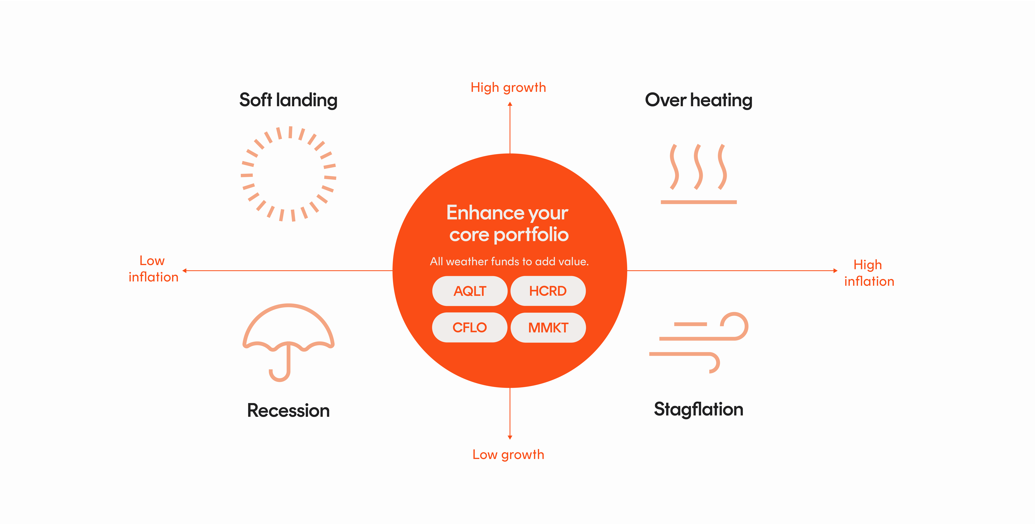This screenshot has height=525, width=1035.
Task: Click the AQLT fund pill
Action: pos(470,291)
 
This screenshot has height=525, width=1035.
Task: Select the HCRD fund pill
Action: pos(548,291)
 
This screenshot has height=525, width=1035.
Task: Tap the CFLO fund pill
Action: pos(470,327)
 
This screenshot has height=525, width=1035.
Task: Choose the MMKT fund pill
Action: pos(548,327)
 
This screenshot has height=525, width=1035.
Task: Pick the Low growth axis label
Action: pos(508,455)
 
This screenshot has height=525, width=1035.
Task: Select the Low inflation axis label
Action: pos(153,269)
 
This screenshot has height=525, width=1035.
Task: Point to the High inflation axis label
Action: pos(869,273)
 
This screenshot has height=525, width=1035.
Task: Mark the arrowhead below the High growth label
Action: pos(510,104)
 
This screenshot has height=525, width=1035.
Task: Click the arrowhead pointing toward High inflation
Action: pos(835,271)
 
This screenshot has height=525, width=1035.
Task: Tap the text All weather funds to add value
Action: pos(509,262)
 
